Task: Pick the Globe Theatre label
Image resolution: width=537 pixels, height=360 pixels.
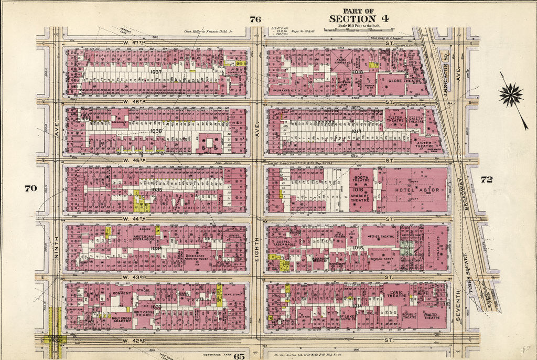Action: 402,81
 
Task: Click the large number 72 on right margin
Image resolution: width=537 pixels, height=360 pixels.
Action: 486,179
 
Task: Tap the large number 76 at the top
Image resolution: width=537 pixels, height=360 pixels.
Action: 255,19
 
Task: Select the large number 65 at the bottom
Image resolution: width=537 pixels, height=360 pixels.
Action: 239,356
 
